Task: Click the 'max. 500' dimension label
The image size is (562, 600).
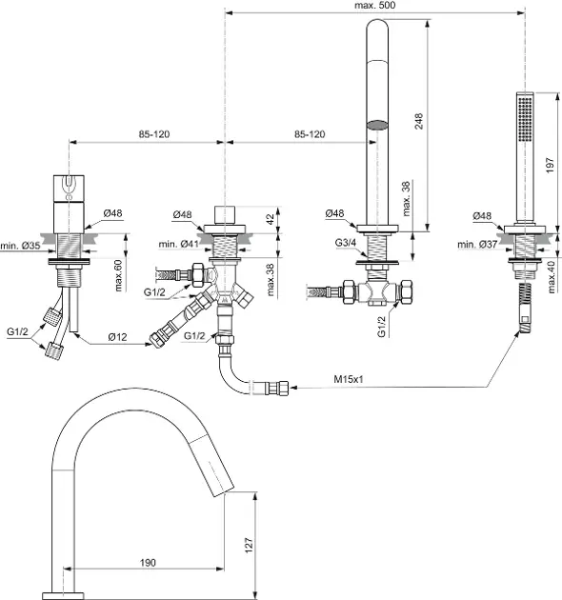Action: point(374,6)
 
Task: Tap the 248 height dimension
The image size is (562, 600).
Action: point(419,121)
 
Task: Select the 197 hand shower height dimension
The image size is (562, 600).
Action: point(550,165)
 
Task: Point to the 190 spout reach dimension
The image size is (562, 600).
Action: point(148,563)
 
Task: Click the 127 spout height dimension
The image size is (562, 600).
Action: point(249,545)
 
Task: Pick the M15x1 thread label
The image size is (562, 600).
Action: point(349,379)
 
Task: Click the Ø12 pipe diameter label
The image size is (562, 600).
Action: point(117,337)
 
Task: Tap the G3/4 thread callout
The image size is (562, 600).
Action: point(346,243)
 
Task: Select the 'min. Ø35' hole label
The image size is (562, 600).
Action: point(20,246)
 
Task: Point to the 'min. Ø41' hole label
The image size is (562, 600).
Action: point(178,244)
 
